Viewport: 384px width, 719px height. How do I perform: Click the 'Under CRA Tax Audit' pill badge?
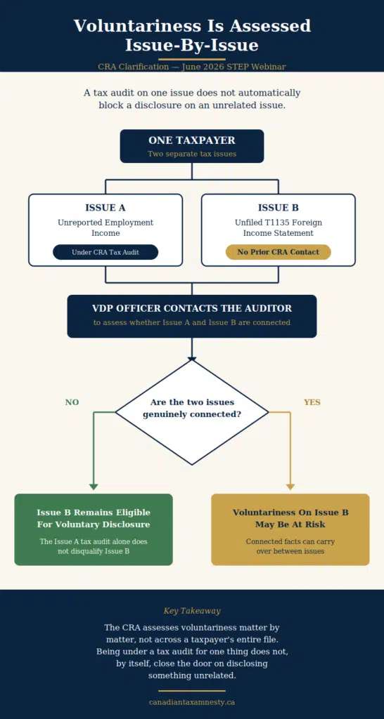[x=105, y=252]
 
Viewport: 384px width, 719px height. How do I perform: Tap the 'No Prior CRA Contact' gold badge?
[x=279, y=252]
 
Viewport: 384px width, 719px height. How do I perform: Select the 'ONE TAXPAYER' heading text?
[x=192, y=140]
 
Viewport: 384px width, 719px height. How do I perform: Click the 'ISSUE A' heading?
[x=105, y=208]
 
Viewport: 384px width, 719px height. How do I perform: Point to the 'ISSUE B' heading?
[x=279, y=208]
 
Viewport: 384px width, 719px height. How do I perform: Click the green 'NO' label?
[x=72, y=402]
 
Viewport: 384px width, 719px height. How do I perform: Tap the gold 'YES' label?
[x=312, y=402]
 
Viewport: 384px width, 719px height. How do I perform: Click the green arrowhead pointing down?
[x=94, y=487]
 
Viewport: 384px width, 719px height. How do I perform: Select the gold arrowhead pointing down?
[x=290, y=487]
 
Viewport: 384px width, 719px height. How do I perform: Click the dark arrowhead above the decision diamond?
[x=192, y=359]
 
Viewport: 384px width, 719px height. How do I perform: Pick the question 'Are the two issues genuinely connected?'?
[x=192, y=408]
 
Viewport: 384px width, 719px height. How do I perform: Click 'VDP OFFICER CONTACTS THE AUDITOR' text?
[x=192, y=308]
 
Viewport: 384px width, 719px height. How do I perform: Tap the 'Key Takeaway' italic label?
[x=192, y=611]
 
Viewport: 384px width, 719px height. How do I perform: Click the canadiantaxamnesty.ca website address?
[x=192, y=702]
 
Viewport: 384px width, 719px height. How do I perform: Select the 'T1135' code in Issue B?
[x=279, y=223]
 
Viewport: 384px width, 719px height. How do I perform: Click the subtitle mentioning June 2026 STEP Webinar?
[x=192, y=67]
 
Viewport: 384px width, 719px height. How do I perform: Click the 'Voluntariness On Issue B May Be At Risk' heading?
[x=290, y=518]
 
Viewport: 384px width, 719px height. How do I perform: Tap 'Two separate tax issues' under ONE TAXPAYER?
[x=192, y=154]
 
